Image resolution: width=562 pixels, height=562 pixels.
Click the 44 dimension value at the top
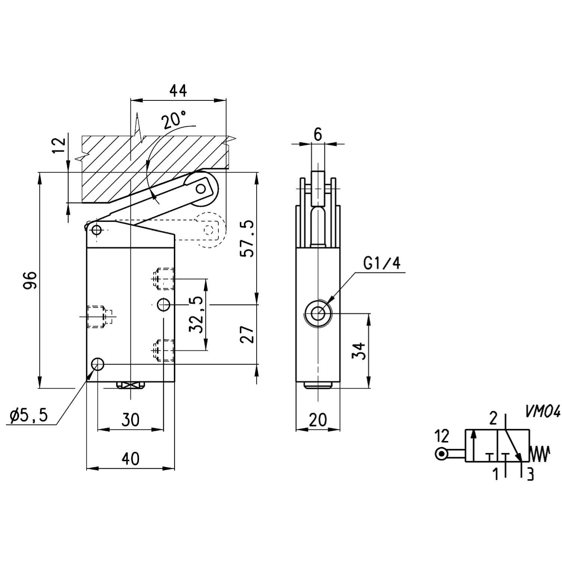[178, 91]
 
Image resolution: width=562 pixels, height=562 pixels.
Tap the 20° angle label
[173, 120]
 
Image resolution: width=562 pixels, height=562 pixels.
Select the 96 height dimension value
[30, 280]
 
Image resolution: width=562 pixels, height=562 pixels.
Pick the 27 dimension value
[247, 334]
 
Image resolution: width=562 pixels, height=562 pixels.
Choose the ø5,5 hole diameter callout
[29, 415]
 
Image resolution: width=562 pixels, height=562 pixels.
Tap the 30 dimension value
[130, 420]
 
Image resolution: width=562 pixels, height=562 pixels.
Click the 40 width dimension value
[130, 459]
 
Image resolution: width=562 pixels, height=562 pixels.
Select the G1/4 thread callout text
[382, 263]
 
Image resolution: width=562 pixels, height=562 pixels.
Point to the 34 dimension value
[359, 351]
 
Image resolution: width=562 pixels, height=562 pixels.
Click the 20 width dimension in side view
[318, 420]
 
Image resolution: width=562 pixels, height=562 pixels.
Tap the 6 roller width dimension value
[318, 134]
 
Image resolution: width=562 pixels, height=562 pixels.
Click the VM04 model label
[542, 412]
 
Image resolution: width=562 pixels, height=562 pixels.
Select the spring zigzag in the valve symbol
[540, 454]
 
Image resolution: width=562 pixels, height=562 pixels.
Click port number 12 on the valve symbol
[442, 436]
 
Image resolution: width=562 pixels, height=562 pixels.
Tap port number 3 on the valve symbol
[530, 475]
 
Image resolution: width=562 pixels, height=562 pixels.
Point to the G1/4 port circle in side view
[318, 313]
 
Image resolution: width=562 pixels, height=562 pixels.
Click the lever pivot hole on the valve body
[97, 230]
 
